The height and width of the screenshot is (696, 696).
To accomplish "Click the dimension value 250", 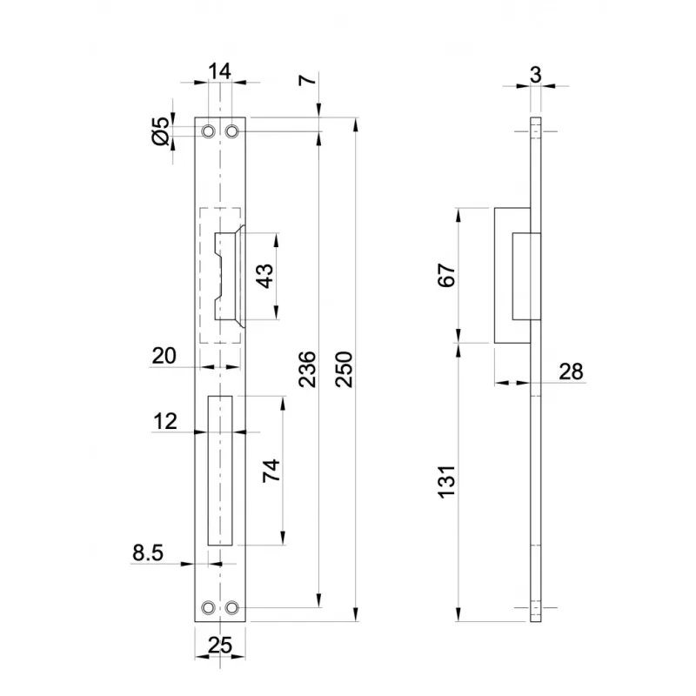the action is pos(344,369).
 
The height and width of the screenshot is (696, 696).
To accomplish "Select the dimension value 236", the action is pos(307,369).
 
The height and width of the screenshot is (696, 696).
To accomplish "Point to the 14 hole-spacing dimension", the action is pos(220,71).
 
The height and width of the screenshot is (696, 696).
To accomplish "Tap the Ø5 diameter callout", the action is pos(161,131).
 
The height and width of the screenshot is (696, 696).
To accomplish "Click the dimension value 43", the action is pos(265,276).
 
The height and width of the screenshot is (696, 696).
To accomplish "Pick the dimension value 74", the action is pos(271,471).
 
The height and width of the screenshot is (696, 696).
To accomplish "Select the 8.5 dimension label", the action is pos(148,553).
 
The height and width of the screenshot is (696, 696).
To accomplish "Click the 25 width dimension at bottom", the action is pos(220,645).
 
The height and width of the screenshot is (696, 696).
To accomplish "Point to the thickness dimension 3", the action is pos(536,75).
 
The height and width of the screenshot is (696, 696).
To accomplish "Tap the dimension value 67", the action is pos(447,275).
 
